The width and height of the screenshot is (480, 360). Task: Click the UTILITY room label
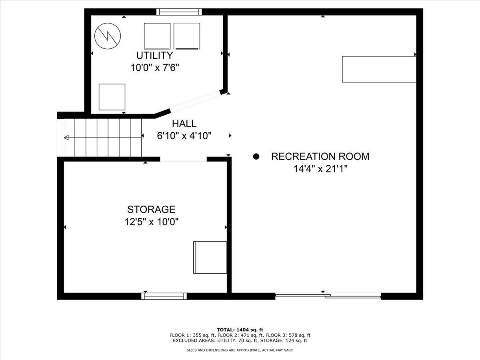154,55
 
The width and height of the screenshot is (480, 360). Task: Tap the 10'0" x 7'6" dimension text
154,67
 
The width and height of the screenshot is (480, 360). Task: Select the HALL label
184,124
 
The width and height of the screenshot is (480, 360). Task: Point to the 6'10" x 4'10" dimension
184,136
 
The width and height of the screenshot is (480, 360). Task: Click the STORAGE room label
151,209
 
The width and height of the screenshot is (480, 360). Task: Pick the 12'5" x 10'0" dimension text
151,222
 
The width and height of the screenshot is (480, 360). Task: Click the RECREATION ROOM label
320,156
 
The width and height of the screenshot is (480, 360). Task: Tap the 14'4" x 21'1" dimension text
320,169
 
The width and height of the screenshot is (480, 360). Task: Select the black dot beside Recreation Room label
256,156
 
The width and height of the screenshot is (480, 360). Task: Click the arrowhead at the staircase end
66,138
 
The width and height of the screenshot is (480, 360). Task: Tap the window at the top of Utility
178,12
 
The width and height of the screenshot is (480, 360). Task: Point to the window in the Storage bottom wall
164,296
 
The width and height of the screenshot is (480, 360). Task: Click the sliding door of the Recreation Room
328,296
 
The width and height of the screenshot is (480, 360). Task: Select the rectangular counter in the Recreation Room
379,69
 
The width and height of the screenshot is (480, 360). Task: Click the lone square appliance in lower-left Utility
112,97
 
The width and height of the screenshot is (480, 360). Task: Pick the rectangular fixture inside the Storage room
210,257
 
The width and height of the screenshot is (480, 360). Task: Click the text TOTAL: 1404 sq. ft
240,330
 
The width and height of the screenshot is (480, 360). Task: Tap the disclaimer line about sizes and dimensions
240,350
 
